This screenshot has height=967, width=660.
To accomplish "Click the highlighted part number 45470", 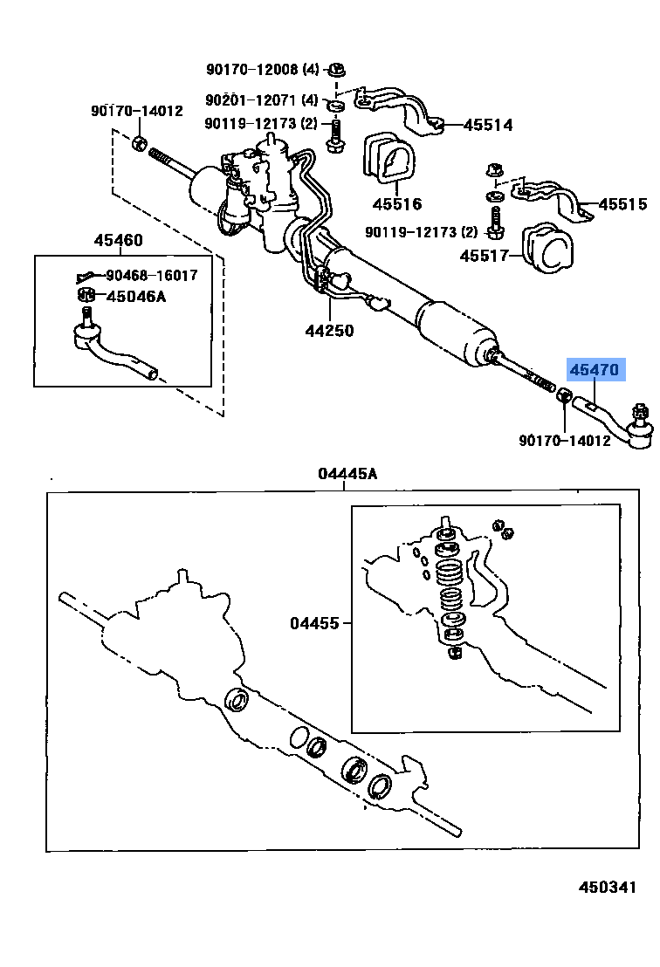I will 594,370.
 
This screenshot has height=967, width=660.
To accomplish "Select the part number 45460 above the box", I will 119,241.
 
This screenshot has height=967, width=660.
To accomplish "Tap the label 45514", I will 487,125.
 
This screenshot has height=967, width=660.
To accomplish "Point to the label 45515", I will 622,204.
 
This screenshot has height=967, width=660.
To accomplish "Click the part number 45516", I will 396,204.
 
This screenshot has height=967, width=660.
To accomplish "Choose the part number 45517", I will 485,256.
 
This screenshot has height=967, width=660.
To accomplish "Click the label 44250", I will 329,331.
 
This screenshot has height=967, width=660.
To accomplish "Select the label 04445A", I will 347,474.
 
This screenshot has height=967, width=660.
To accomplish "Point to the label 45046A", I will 135,296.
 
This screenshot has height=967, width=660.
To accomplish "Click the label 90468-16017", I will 152,275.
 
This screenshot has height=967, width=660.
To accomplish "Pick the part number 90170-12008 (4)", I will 263,69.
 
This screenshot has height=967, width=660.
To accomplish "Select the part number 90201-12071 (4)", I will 263,100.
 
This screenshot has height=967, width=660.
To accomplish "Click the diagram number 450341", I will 608,887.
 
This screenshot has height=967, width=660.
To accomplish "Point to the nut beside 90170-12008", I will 340,69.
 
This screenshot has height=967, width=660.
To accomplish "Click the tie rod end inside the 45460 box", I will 109,349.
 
